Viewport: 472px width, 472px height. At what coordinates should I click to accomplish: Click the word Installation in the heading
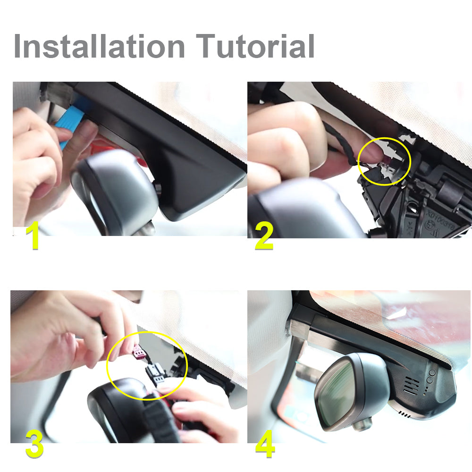coord(99,46)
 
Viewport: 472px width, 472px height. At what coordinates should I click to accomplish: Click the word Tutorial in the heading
coord(255,46)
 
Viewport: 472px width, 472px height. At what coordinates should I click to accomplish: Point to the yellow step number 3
coord(34,445)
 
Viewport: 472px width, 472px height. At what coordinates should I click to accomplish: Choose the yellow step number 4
coord(265,445)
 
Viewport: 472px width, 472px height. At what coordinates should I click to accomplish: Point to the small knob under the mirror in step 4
coord(361,424)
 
